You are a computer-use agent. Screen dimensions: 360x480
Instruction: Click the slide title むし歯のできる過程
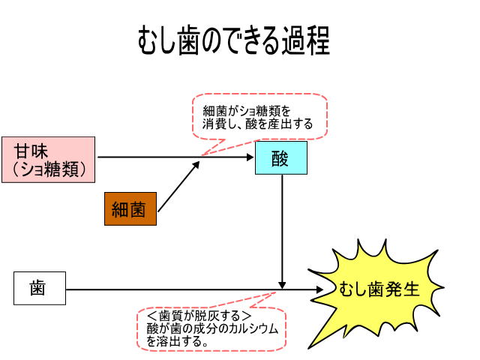[x=233, y=40]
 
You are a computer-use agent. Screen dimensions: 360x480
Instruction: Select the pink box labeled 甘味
[x=48, y=159]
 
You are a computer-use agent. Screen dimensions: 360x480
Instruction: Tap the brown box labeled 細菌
[x=129, y=209]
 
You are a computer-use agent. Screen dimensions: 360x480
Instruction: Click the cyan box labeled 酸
[x=281, y=158]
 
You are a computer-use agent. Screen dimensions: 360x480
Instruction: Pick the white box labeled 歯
[x=38, y=288]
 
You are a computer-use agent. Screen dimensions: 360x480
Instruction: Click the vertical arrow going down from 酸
[x=282, y=225]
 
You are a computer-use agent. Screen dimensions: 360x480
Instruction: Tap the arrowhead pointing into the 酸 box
[x=251, y=158]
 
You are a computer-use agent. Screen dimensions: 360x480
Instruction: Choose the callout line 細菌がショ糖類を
[x=247, y=110]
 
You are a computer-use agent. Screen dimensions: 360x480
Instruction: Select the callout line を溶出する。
[x=177, y=340]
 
